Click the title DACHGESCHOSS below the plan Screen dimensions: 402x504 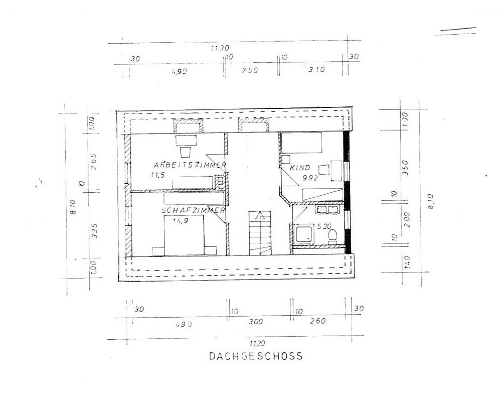click(256, 356)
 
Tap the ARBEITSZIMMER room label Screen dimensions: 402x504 click(190, 165)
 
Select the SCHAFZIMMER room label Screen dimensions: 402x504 click(193, 211)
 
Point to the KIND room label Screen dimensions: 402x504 click(300, 168)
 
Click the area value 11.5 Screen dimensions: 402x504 click(157, 175)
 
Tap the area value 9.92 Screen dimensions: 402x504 click(310, 177)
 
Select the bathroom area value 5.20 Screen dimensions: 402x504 click(325, 226)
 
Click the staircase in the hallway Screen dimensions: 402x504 click(259, 233)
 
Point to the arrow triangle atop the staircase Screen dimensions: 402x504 click(259, 216)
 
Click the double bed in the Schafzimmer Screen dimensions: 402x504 click(184, 236)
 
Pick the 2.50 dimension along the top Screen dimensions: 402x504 click(249, 71)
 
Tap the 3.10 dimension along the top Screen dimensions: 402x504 click(316, 70)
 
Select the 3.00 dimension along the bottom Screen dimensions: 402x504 click(256, 322)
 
